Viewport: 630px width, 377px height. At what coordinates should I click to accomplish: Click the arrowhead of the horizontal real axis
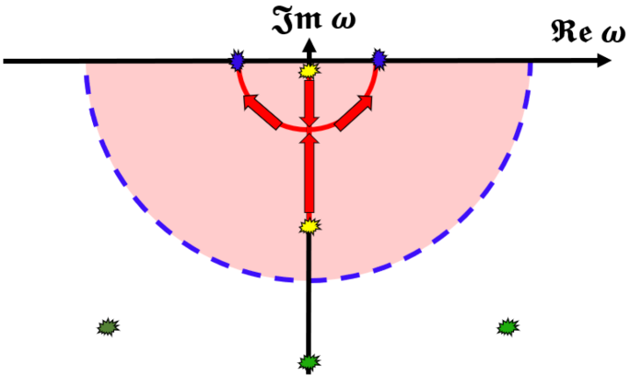point(605,61)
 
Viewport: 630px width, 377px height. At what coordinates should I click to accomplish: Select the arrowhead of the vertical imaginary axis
point(308,44)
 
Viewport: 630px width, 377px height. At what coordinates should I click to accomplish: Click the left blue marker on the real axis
point(236,60)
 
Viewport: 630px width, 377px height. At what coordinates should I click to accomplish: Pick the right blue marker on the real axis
point(379,60)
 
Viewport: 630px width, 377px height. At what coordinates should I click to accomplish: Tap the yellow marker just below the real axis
point(308,71)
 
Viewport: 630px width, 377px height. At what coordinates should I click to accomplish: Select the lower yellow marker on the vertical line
point(308,226)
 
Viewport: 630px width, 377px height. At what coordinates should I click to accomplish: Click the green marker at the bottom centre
point(308,361)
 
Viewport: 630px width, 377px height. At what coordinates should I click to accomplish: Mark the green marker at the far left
point(108,327)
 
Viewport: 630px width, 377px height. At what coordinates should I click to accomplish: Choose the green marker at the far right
point(506,327)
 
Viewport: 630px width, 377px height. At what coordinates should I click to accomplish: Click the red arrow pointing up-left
point(261,112)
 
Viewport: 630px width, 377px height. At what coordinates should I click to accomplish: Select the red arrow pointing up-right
point(354,112)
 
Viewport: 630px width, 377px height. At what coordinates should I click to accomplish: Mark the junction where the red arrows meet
point(308,132)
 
